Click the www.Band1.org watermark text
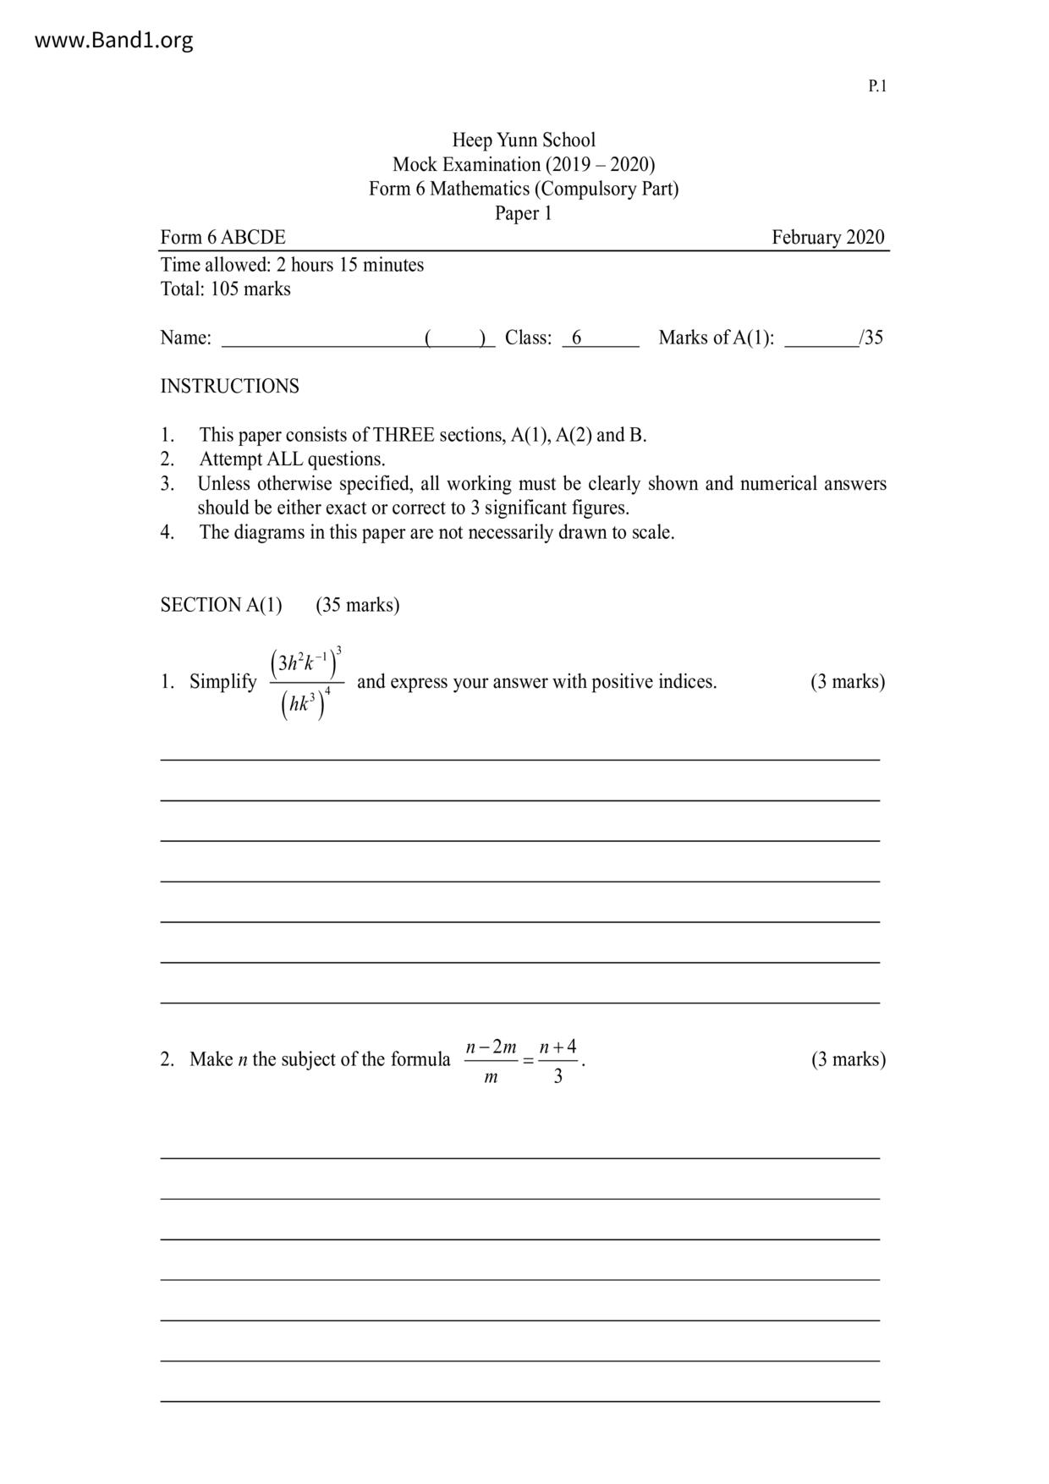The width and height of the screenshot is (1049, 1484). click(113, 40)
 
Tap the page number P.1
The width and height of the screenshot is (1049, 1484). click(877, 85)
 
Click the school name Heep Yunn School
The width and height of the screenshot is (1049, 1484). click(524, 140)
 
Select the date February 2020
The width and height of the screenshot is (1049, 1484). click(827, 237)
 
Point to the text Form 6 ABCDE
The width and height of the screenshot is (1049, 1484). click(223, 237)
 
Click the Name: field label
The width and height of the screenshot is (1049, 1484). click(185, 338)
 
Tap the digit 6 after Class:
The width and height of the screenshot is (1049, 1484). click(577, 338)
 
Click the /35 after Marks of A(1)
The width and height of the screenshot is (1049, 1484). click(871, 338)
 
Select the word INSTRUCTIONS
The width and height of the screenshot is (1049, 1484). click(230, 386)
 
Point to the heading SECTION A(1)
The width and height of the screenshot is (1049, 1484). click(222, 605)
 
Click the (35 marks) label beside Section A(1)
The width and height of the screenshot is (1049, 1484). click(357, 605)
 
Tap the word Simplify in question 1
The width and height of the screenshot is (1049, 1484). click(223, 682)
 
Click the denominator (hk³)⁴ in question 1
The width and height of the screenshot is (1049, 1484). click(305, 704)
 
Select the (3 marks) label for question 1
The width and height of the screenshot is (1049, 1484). click(848, 682)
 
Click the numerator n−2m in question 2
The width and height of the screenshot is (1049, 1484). click(492, 1047)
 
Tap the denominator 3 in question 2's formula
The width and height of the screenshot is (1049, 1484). click(558, 1077)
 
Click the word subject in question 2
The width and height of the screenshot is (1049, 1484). click(310, 1059)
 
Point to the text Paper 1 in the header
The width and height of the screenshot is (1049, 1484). click(524, 213)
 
